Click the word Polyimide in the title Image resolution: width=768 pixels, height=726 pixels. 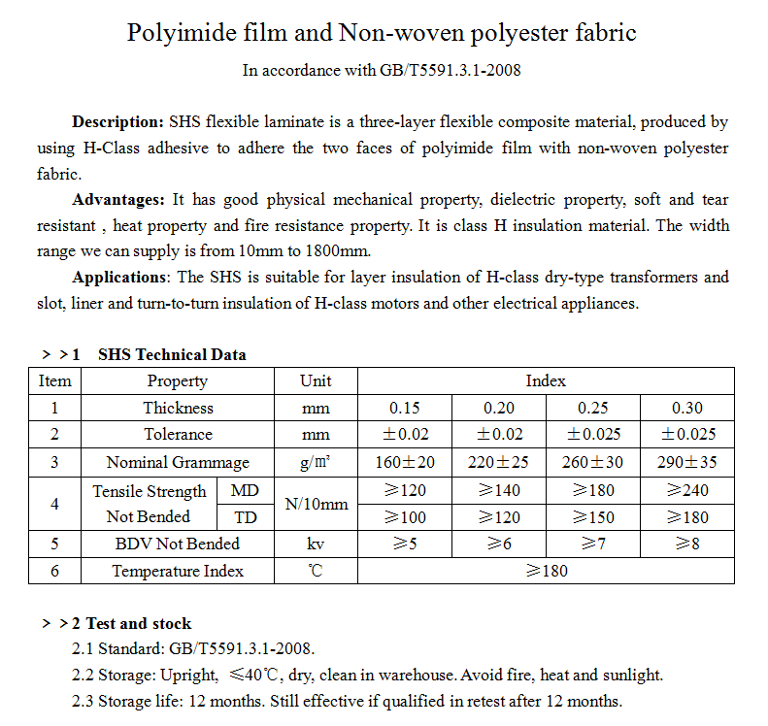tap(176, 33)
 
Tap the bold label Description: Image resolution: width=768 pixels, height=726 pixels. tap(117, 122)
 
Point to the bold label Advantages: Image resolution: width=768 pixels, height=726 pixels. tap(118, 200)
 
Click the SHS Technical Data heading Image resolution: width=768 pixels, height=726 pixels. tap(172, 354)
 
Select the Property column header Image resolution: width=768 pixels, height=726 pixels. tap(177, 381)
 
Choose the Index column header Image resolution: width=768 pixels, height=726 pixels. tap(546, 381)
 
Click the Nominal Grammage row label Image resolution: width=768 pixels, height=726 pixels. tap(177, 463)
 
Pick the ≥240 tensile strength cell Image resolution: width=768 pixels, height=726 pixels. tap(687, 491)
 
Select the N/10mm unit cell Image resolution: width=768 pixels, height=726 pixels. tap(317, 505)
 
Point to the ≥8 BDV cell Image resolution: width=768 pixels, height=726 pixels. tap(687, 544)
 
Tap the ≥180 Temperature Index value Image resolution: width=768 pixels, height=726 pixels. tap(546, 571)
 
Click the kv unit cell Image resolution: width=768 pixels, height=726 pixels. tap(317, 544)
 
